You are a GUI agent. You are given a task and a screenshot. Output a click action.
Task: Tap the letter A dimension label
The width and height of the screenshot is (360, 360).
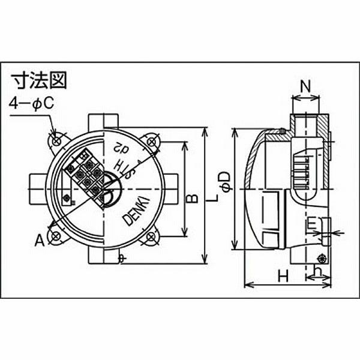click(x=39, y=241)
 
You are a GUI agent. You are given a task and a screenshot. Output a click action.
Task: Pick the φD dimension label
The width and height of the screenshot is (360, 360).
click(x=224, y=182)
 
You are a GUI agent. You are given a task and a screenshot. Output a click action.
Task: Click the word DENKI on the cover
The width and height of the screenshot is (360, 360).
click(x=137, y=213)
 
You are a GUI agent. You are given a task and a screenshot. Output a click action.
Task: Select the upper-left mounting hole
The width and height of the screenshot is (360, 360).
click(x=56, y=140)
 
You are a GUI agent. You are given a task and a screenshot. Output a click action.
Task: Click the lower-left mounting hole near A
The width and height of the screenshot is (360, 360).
click(x=55, y=235)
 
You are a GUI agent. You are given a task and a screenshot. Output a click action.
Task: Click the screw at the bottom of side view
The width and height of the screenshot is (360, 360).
click(x=322, y=259)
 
